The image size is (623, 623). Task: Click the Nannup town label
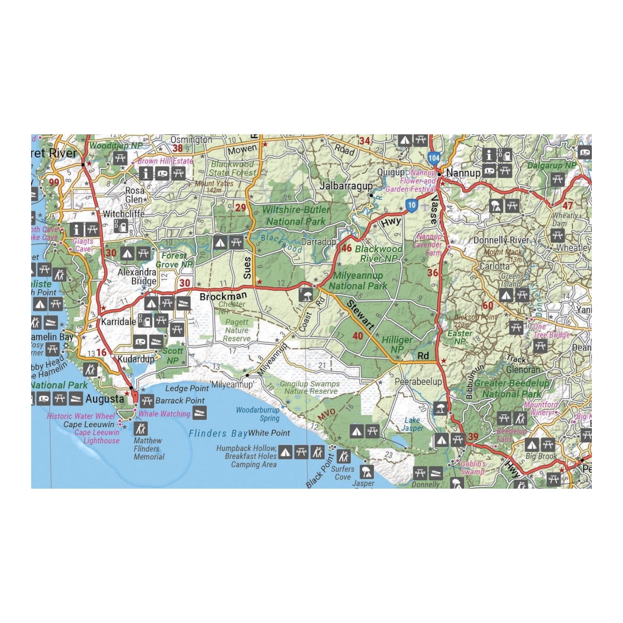(463, 173)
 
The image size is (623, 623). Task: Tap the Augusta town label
(105, 399)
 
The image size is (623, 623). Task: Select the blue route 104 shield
(434, 158)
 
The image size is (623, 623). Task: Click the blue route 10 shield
(412, 205)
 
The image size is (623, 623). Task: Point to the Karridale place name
(118, 322)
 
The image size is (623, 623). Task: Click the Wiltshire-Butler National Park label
(296, 216)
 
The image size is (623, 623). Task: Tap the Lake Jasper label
(412, 424)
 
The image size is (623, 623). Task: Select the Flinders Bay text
(218, 433)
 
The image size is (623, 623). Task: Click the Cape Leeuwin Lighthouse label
(97, 436)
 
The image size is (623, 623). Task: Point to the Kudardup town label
(136, 359)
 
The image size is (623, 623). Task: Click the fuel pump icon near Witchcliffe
(121, 225)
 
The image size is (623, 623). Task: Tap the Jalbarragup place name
(346, 186)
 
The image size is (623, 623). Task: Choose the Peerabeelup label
(418, 382)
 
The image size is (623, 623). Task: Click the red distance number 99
(54, 182)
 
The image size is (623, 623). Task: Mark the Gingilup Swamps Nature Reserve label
(310, 387)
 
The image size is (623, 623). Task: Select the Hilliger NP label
(397, 344)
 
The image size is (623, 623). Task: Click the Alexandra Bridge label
(137, 276)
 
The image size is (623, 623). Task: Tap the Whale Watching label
(164, 414)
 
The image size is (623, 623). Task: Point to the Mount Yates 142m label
(214, 187)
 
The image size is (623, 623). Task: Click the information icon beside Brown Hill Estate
(146, 173)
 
